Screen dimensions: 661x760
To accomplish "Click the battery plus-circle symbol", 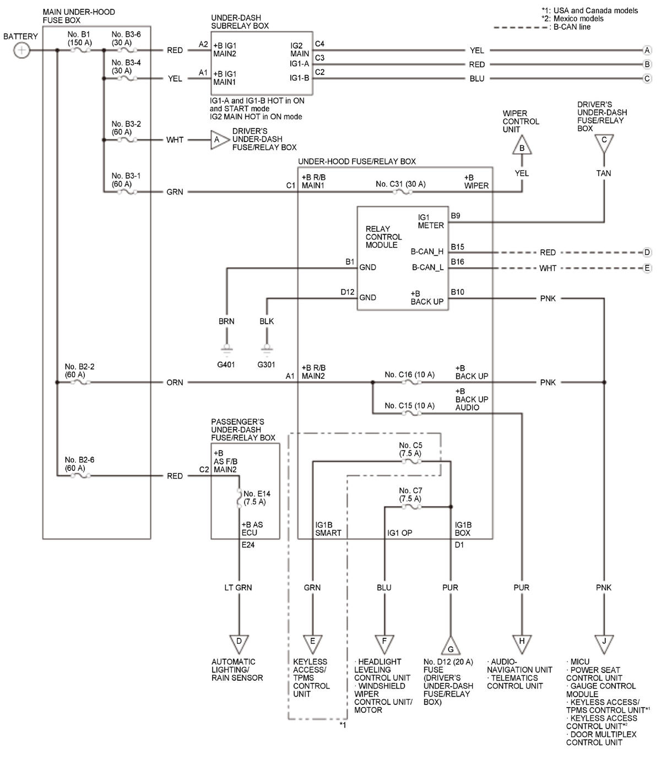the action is [21, 50].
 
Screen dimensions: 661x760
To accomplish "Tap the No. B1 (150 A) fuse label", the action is [79, 38].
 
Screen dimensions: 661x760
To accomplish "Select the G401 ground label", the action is [226, 365].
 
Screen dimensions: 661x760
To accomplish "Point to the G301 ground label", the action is [266, 365].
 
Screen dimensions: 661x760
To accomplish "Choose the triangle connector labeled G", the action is [451, 647].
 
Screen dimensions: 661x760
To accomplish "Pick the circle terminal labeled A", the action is [647, 50].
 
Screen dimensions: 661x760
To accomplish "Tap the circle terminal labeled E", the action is [647, 268].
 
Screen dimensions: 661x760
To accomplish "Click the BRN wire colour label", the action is [226, 321].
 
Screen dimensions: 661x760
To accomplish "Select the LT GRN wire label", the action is [238, 587].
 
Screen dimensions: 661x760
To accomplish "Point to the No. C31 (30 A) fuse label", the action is [400, 184].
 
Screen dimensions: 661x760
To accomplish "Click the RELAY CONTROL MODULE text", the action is [383, 237].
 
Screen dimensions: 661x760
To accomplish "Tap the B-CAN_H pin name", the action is [427, 252].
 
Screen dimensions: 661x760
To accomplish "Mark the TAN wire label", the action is [603, 173].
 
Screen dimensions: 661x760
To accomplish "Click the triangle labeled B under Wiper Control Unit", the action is [522, 146].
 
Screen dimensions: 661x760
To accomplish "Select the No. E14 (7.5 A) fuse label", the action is [257, 498].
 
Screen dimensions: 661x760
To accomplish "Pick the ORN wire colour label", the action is [175, 382].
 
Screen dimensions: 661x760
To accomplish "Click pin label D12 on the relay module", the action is [348, 292].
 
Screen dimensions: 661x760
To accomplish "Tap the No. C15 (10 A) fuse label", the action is [409, 405].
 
